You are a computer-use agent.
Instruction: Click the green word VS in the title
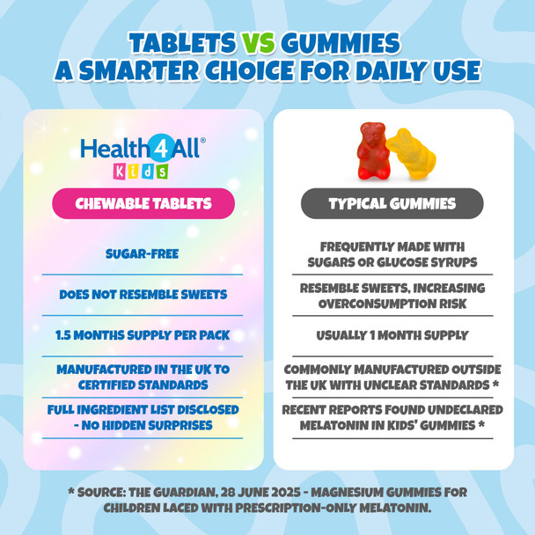point(255,42)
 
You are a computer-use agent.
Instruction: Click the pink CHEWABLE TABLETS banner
point(143,203)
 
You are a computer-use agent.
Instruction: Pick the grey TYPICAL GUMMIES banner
point(392,203)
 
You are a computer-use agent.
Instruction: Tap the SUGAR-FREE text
point(143,254)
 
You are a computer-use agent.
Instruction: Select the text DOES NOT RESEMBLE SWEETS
point(143,295)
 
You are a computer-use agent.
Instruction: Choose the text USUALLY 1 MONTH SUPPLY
point(392,335)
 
